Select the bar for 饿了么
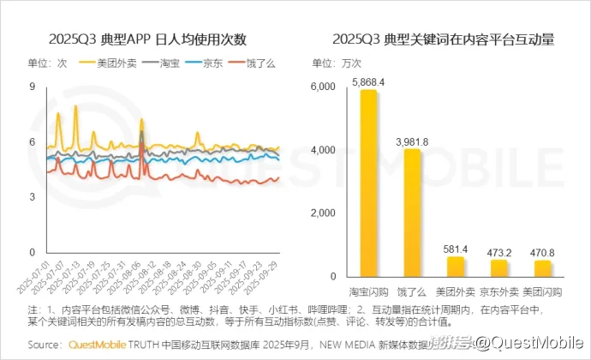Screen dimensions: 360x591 coord(413,213)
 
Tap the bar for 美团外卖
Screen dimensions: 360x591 coord(457,267)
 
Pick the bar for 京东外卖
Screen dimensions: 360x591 coord(500,268)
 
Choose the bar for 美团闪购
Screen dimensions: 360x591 coord(544,268)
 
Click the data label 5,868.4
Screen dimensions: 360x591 coord(368,82)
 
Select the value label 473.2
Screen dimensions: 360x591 coord(500,252)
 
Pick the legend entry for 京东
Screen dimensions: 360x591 coord(210,63)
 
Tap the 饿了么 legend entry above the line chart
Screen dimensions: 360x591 coord(253,63)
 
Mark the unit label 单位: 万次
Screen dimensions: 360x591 coord(337,63)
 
